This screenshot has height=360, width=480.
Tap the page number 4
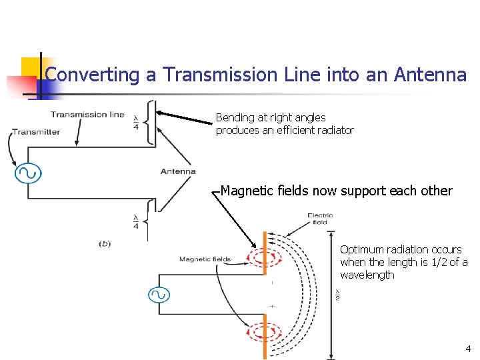pos(468,348)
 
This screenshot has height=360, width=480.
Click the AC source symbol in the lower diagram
pos(159,295)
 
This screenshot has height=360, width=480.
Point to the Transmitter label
pos(35,132)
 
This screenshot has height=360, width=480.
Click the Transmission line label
pos(87,114)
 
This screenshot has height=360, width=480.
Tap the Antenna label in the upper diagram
pos(178,171)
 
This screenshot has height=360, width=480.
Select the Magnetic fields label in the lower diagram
pos(205,259)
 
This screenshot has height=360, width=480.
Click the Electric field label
pos(320,219)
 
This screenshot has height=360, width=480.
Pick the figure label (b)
pos(105,244)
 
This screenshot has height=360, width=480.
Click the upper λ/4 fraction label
pos(136,120)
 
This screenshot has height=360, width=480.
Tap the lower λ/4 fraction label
pos(136,221)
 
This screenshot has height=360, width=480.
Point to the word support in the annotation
pos(364,191)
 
